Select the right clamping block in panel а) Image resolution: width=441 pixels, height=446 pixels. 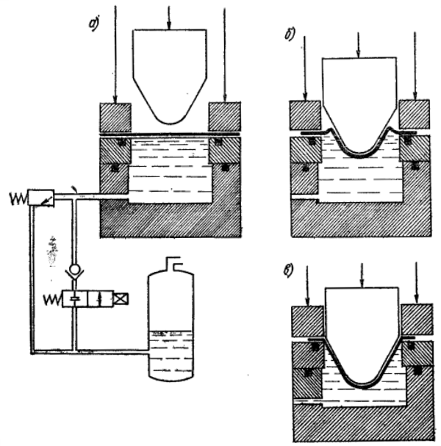pos(225,116)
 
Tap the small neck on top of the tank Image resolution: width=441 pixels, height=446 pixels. pos(171,262)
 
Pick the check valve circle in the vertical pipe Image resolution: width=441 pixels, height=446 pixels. pos(74,270)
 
